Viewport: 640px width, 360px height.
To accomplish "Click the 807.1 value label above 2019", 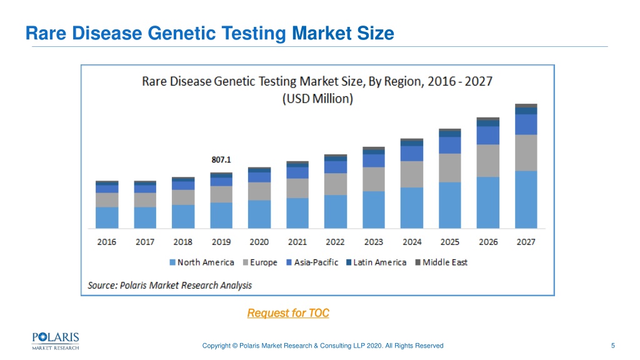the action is (x=221, y=159).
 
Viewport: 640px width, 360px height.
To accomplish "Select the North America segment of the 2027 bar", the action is (x=526, y=199).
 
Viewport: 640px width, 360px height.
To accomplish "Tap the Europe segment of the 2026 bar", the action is (x=487, y=161).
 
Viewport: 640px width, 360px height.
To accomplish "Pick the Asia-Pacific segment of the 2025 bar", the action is (x=450, y=145).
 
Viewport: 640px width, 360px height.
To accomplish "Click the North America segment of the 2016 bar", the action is (x=107, y=217).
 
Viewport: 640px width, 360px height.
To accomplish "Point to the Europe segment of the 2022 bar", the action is (x=336, y=184).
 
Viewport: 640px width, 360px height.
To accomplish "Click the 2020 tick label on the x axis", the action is (x=259, y=242).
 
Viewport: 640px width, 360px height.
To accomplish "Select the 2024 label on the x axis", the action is (x=412, y=242).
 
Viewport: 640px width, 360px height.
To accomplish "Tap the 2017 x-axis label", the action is (x=145, y=242).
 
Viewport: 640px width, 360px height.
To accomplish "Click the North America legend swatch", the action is (x=172, y=262).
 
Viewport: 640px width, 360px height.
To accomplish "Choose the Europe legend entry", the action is (x=260, y=262).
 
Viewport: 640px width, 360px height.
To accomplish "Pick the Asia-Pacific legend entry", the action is (x=312, y=262).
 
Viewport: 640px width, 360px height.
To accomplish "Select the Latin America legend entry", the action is (x=376, y=262).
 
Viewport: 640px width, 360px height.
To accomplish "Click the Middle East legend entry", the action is (x=441, y=262).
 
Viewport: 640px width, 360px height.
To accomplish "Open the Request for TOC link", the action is (x=288, y=313).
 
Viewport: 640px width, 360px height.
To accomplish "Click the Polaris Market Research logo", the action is (x=56, y=341).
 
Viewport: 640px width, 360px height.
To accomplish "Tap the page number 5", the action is (x=612, y=346).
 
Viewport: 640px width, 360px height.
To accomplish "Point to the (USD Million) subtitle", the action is (x=317, y=99).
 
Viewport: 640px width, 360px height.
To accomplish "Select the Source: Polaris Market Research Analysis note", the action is (x=170, y=285).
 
